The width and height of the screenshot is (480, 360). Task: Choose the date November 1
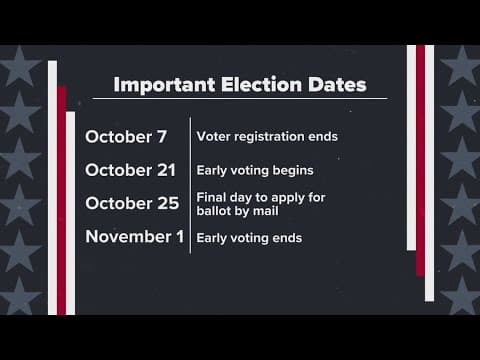[x=135, y=237]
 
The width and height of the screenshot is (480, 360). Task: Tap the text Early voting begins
[x=249, y=170]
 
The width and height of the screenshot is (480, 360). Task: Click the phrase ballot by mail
[x=240, y=211]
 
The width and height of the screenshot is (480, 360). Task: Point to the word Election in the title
[x=254, y=83]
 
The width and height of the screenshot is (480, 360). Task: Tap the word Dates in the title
[x=333, y=83]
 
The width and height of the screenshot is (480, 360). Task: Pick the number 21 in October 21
[x=167, y=170]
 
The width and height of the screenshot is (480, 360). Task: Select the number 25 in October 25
[x=167, y=203]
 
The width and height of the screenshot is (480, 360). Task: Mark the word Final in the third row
[x=210, y=198]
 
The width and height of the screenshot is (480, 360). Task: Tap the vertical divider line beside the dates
[x=190, y=185]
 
